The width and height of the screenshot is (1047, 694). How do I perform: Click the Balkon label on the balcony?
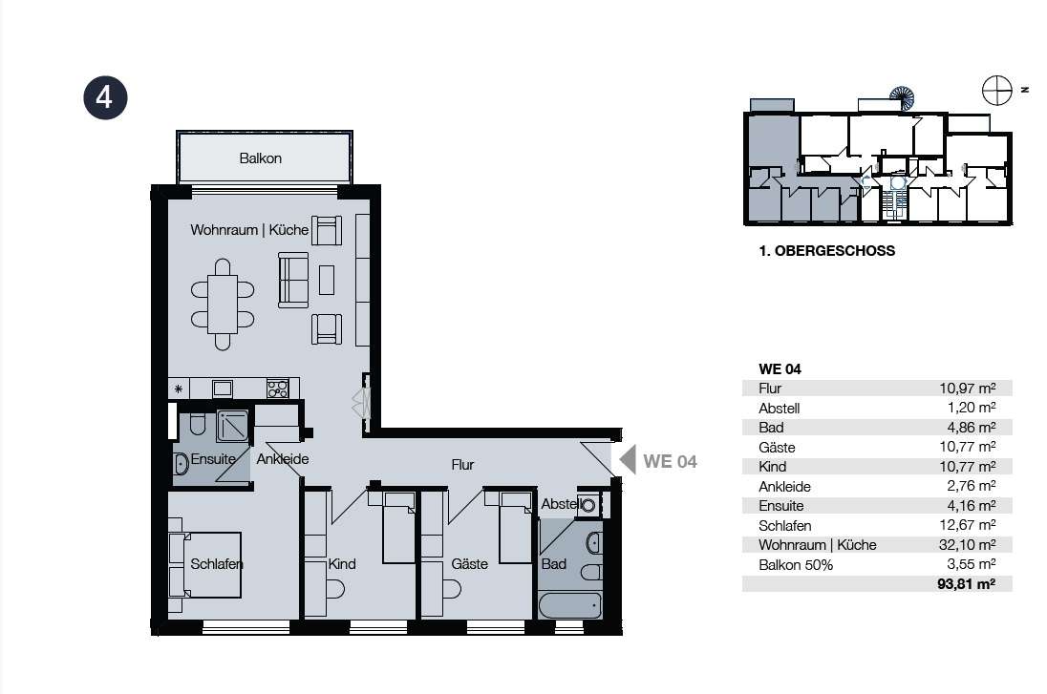261,158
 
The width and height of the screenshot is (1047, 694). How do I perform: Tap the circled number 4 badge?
105,97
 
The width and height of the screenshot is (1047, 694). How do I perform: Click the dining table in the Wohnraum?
223,305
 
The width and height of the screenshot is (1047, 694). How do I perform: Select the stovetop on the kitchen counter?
278,388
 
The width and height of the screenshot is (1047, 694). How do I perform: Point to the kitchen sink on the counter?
223,388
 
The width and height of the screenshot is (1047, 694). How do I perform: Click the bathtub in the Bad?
570,605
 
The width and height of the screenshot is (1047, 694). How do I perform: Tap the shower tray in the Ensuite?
232,426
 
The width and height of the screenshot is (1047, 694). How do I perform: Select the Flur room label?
462,465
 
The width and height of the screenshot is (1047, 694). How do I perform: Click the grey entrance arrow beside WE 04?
628,460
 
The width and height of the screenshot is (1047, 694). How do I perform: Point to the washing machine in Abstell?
588,505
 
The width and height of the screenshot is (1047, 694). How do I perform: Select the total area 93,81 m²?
966,584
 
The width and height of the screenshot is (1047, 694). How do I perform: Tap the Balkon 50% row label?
796,564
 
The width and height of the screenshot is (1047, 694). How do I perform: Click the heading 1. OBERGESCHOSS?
826,251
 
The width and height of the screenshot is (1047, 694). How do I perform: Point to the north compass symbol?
997,90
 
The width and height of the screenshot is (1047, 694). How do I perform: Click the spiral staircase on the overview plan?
902,98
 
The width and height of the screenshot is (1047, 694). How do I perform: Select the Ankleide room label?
283,459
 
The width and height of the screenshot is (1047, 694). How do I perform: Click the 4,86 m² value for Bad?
968,427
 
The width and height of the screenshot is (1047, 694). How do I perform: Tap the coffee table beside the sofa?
327,280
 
